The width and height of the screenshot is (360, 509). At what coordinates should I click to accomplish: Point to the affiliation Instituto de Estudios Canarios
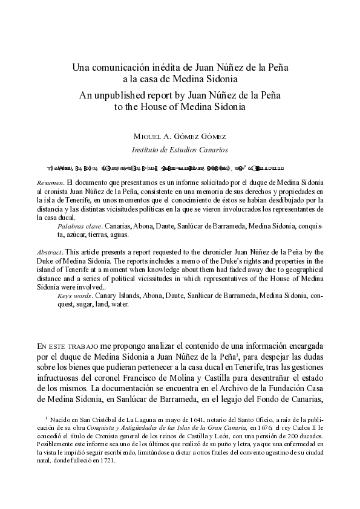pyautogui.click(x=180, y=149)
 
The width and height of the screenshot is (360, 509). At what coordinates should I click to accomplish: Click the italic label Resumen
pyautogui.click(x=49, y=182)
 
